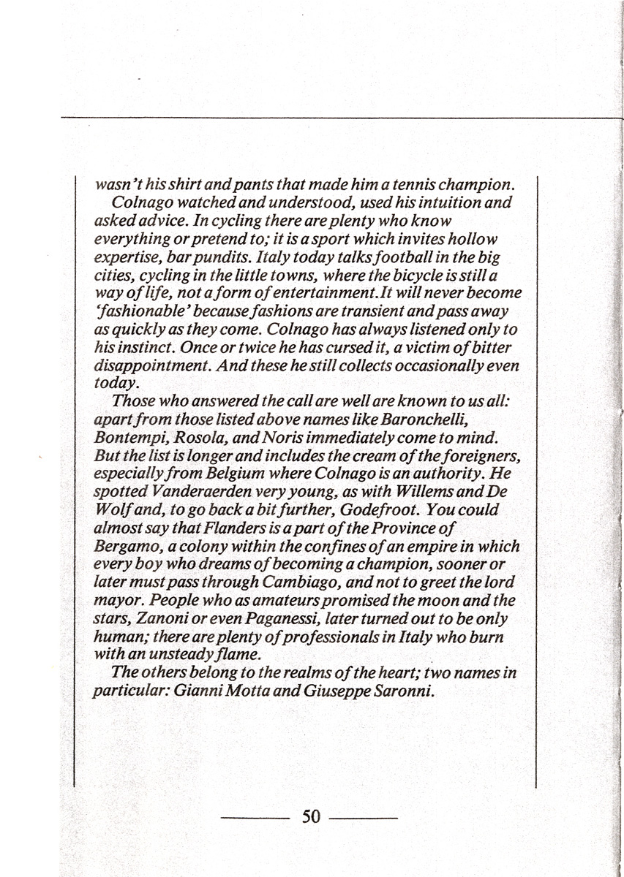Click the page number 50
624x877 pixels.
click(x=311, y=816)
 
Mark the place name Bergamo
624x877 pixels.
click(x=124, y=546)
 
